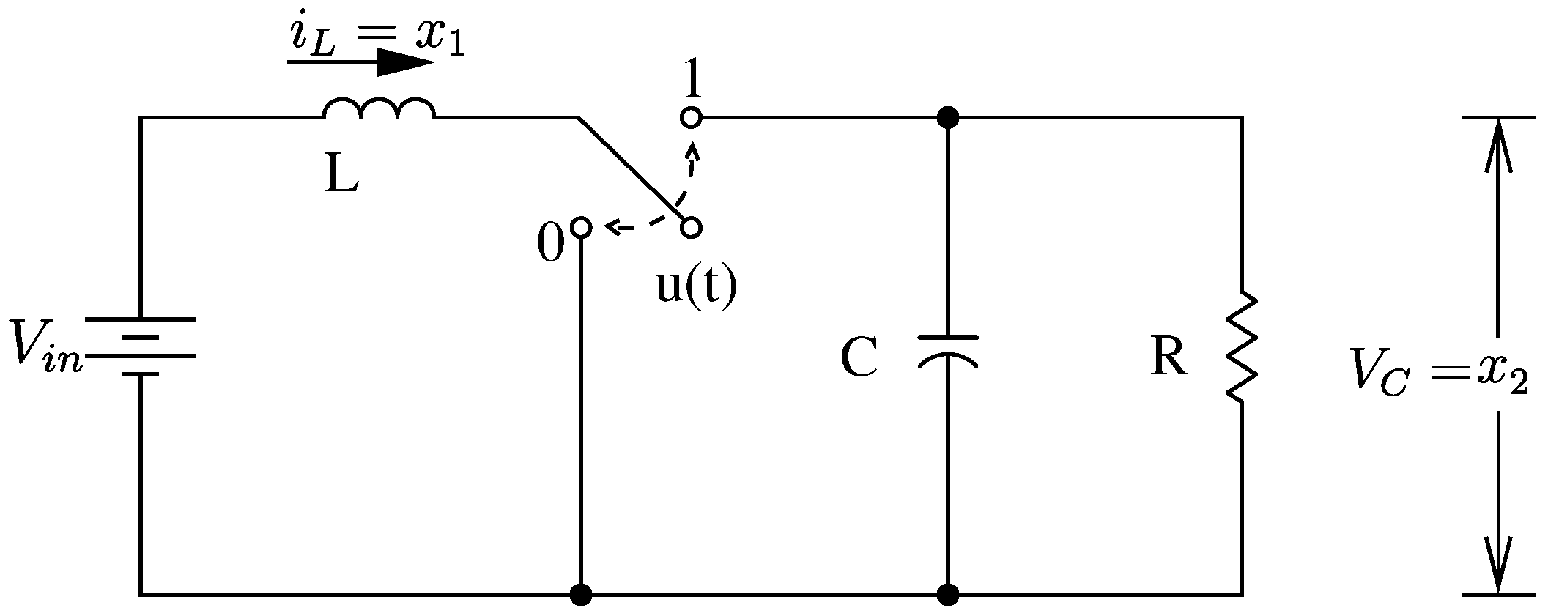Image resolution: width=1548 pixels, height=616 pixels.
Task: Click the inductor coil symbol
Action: pos(379,108)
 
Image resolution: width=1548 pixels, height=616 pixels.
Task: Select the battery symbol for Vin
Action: pos(140,346)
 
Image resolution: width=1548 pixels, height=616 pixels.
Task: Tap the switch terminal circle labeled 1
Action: pos(691,117)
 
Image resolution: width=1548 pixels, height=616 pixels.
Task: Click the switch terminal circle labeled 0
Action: pos(580,227)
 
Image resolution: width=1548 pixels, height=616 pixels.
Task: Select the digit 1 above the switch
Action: pos(691,81)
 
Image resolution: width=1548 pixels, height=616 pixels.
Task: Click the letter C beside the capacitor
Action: pos(859,358)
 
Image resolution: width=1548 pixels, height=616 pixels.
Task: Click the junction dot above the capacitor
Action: pos(948,117)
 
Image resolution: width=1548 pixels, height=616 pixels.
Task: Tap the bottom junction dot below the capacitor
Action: pos(948,594)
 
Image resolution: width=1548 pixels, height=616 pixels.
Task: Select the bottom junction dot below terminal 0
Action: pos(581,594)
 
